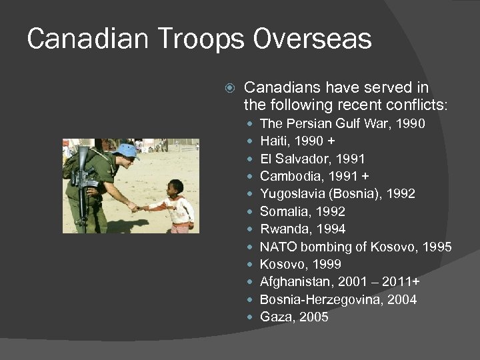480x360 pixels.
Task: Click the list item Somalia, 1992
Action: (x=302, y=211)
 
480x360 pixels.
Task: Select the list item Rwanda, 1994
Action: (x=302, y=229)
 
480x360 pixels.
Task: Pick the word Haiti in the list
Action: (x=273, y=141)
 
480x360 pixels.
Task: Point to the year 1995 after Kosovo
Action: (x=437, y=247)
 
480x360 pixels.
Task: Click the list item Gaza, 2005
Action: (x=294, y=317)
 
